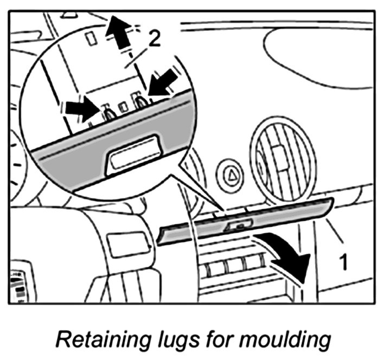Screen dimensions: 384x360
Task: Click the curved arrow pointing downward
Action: tap(287, 255)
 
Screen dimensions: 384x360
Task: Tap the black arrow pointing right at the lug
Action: tap(81, 107)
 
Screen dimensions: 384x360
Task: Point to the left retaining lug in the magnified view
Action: tap(108, 113)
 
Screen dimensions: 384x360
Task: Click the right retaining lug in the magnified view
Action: tap(142, 101)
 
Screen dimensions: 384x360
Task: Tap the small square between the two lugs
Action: tap(124, 106)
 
